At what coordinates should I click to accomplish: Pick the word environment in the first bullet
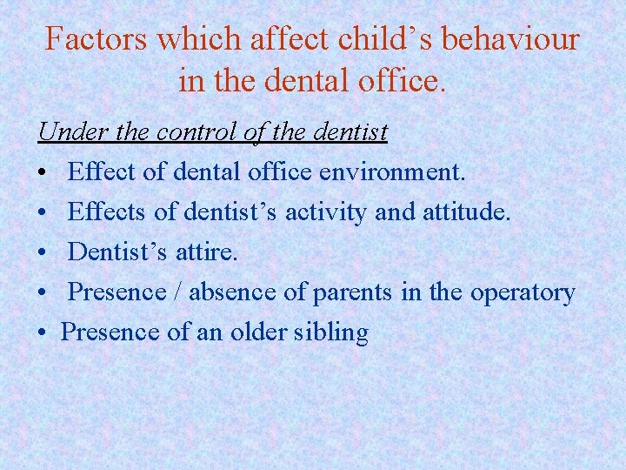pos(392,172)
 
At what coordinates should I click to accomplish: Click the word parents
pos(352,292)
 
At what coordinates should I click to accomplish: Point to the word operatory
pos(522,292)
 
